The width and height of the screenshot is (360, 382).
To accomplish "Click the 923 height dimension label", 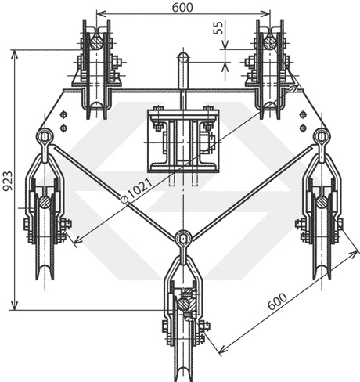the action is tap(8, 181).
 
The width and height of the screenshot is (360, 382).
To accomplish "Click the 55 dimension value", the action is tap(218, 27).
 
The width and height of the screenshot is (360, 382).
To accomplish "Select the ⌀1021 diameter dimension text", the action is tap(137, 190).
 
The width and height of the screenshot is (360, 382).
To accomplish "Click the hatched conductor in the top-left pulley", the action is tap(97, 41).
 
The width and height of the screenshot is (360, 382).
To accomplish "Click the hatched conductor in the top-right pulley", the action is tap(270, 42).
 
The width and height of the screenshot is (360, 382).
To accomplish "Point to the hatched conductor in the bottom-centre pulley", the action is tap(184, 305).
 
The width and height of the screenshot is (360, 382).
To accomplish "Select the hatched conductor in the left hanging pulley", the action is tap(45, 202).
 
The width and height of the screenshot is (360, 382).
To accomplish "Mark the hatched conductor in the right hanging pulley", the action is tap(322, 202).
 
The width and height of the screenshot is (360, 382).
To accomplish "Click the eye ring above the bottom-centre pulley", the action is tap(183, 239).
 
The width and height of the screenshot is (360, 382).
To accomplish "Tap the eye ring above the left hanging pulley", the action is tap(45, 137).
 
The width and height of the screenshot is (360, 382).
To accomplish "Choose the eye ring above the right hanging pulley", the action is tap(322, 135).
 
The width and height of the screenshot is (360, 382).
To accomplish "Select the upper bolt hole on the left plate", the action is tap(63, 114).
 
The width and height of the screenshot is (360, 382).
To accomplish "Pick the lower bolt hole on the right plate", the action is tap(303, 128).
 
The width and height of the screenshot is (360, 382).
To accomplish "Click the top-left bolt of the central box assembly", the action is tap(157, 108).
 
